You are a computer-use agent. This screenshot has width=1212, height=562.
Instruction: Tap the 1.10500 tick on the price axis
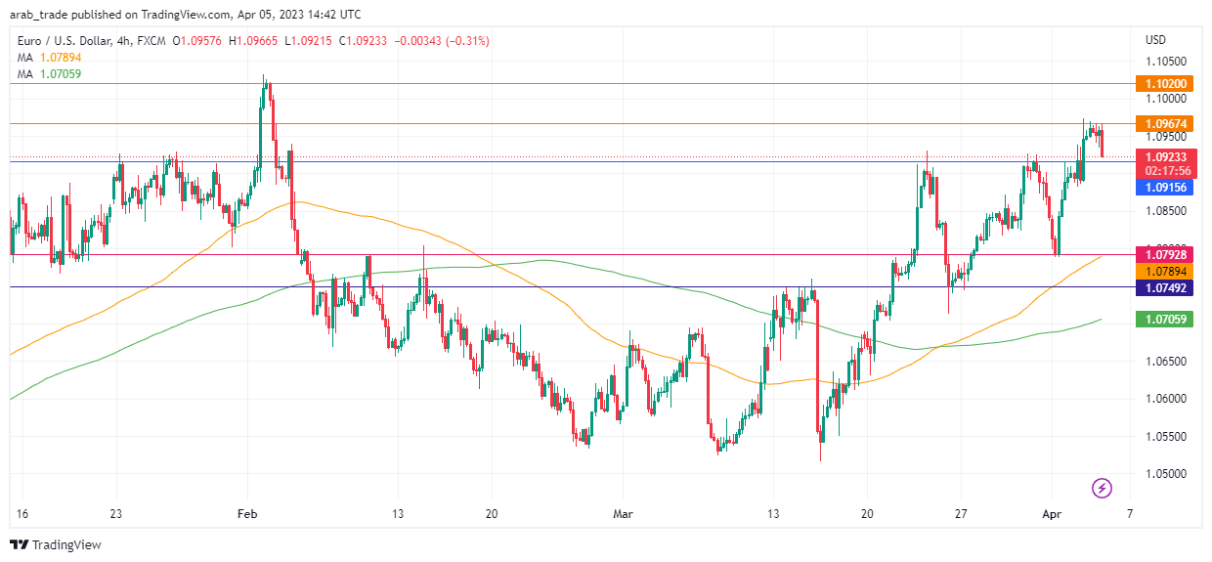[1166, 61]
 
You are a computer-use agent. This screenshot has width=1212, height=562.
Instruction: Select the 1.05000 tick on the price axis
[1166, 474]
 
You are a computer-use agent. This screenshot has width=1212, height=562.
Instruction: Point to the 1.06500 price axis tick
[1166, 362]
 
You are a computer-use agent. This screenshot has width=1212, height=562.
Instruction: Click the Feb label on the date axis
[248, 512]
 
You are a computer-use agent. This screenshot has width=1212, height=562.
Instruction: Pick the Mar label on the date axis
[623, 512]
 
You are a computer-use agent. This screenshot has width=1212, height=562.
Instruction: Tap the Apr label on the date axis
[1053, 512]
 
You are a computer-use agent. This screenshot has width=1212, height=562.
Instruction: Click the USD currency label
[1155, 40]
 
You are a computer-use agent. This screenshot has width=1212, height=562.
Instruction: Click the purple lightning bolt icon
[1102, 487]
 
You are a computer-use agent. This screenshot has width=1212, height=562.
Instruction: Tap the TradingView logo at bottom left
[56, 544]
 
